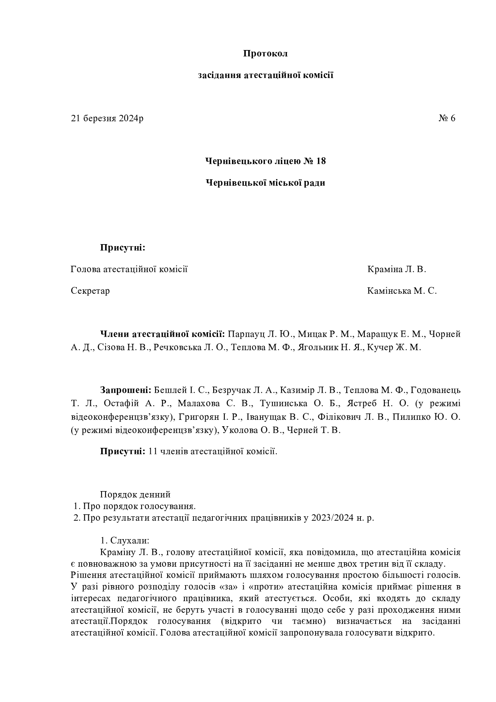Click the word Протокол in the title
(265, 54)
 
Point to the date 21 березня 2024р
(107, 118)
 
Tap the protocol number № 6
(447, 118)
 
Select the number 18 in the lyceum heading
(321, 161)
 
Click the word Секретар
(90, 291)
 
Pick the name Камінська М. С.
(402, 291)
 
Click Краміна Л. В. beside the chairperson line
(397, 269)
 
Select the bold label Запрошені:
(126, 390)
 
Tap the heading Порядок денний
(135, 494)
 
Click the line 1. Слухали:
(124, 540)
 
